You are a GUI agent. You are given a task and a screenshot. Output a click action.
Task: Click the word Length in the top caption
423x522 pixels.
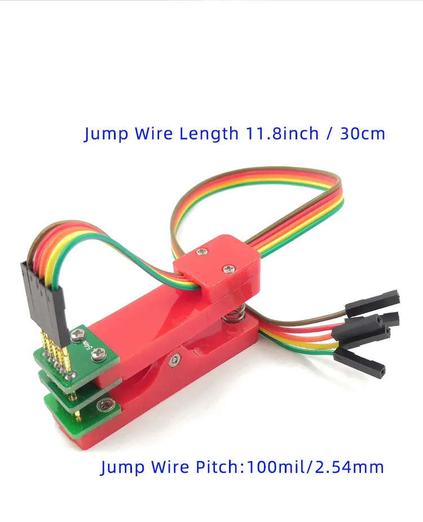point(209,134)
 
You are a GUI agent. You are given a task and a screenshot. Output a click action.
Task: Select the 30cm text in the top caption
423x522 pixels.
point(363,134)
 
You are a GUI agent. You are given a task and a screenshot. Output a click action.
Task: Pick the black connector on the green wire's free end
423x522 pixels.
point(361,361)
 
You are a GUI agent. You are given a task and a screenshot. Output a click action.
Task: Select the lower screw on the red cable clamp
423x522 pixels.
point(228,268)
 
